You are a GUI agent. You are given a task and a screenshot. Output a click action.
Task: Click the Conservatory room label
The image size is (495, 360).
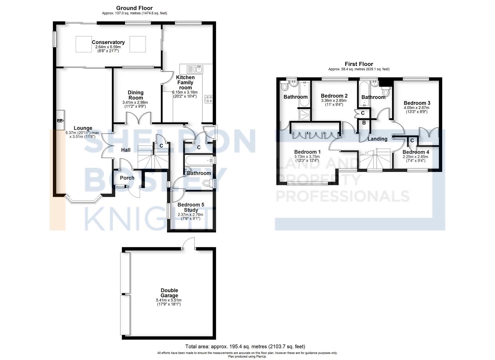coord(108,42)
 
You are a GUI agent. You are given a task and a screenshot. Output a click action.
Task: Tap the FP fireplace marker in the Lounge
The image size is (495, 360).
coord(60,121)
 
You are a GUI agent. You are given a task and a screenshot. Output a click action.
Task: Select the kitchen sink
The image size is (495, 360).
coord(195,69)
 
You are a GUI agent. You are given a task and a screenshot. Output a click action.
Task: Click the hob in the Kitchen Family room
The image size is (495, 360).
coord(209,99)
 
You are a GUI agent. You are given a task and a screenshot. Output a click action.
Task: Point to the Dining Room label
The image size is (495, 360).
coord(135,95)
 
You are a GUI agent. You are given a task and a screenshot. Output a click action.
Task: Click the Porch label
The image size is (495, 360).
coord(127,178)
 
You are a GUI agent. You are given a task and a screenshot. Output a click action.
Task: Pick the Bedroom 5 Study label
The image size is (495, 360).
coord(191,207)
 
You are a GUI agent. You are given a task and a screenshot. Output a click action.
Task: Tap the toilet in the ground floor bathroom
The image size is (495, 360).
coord(208,183)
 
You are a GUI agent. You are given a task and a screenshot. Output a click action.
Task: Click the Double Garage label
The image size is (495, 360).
coord(169,293)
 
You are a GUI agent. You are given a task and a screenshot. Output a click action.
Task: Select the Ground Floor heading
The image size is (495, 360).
coord(134,8)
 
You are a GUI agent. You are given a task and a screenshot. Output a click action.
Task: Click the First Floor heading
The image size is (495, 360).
coord(359,64)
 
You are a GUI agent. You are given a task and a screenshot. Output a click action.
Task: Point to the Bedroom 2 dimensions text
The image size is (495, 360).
coord(334,102)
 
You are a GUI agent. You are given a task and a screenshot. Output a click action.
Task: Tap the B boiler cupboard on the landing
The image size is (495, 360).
coord(364,123)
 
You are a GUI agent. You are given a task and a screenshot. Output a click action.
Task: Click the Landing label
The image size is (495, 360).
coord(377,139)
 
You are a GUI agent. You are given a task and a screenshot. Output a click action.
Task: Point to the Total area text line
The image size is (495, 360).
coord(245,347)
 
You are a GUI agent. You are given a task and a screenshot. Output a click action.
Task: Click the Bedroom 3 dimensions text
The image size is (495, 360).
coord(416,110)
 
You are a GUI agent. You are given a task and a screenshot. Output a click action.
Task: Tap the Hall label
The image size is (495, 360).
coord(126,150)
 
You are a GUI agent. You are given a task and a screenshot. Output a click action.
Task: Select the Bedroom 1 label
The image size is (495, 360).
coord(307,152)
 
